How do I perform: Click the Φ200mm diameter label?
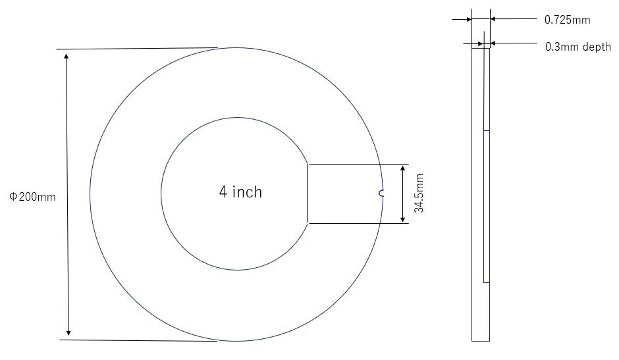point(32,197)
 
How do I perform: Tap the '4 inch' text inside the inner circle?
point(240,192)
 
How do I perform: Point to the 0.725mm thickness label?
point(567,20)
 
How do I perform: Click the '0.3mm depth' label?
point(578,47)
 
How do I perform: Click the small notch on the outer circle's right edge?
point(381,193)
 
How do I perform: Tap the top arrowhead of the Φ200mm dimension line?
point(66,55)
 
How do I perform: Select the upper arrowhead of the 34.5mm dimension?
point(402,169)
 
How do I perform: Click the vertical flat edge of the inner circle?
point(308,193)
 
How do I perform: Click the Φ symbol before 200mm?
point(13,197)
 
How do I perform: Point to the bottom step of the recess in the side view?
point(487,282)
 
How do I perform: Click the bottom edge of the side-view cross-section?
point(481,341)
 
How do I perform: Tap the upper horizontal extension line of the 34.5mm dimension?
point(359,164)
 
